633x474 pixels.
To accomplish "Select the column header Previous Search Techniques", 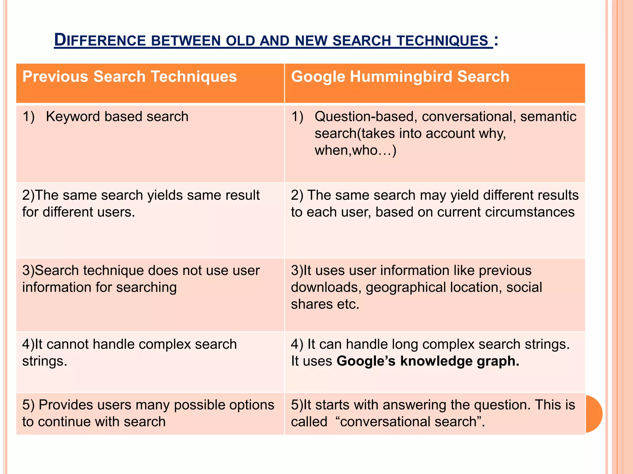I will click(130, 77).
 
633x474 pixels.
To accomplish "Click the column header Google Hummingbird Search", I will click(400, 77).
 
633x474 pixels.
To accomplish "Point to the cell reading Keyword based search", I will click(117, 117).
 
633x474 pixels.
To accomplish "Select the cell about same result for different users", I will click(141, 204).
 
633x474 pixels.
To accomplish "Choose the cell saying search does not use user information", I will click(141, 279).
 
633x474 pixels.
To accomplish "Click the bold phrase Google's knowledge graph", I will click(428, 361).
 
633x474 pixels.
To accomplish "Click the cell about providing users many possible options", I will click(148, 413).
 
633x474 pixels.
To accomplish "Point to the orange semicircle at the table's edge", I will click(594, 414).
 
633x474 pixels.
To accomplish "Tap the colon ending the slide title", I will click(496, 40).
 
